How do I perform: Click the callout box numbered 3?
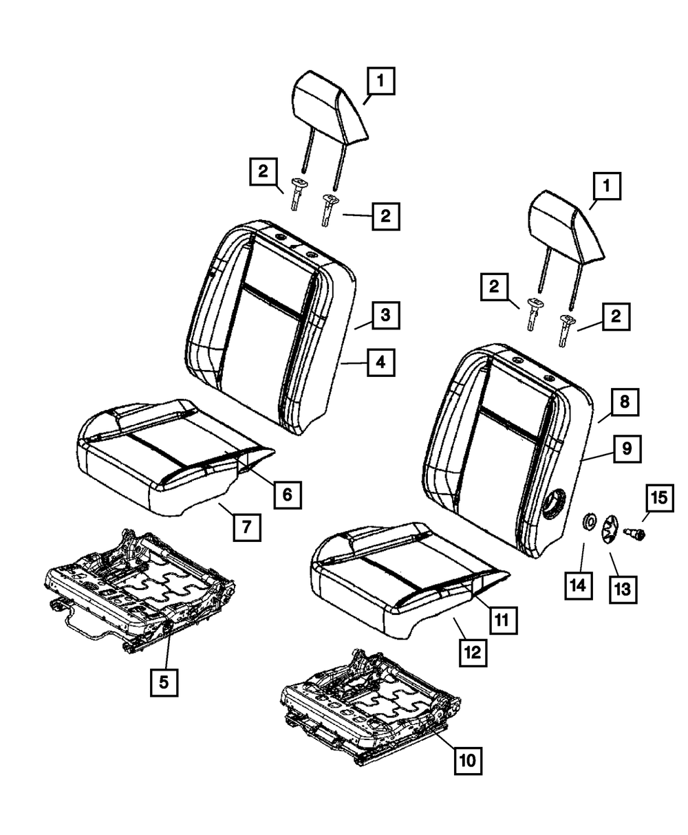click(x=385, y=316)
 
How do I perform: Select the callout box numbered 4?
click(x=380, y=362)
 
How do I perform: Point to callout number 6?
click(x=287, y=493)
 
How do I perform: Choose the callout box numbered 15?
click(x=659, y=498)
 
